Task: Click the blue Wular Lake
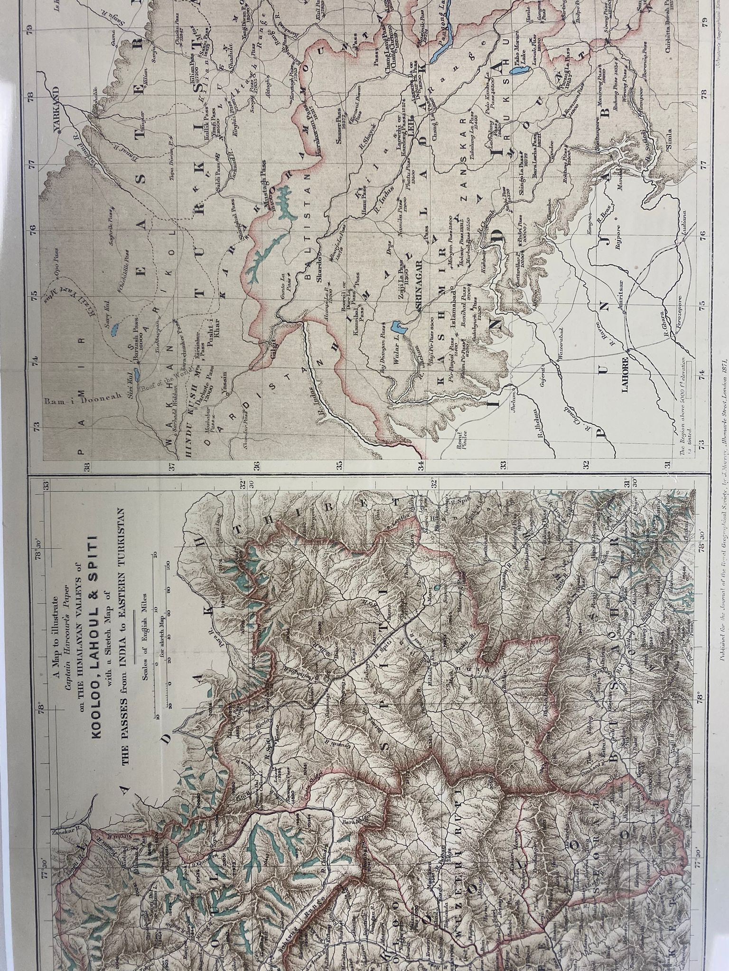[x=397, y=327]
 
